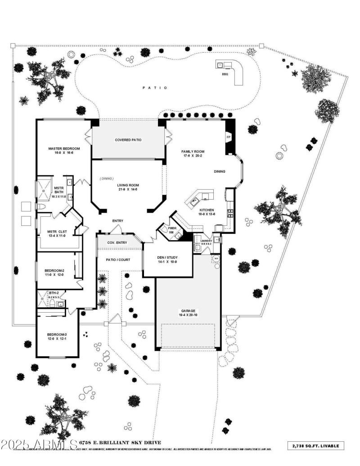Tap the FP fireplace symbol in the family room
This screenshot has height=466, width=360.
click(229, 137)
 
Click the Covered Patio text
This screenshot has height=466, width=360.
click(128, 140)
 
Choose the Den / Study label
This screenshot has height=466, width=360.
click(167, 258)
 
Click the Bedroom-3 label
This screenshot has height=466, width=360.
click(57, 334)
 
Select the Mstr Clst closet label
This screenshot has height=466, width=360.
click(58, 232)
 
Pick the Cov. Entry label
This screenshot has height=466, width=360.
click(117, 243)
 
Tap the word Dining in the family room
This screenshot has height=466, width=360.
click(220, 171)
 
